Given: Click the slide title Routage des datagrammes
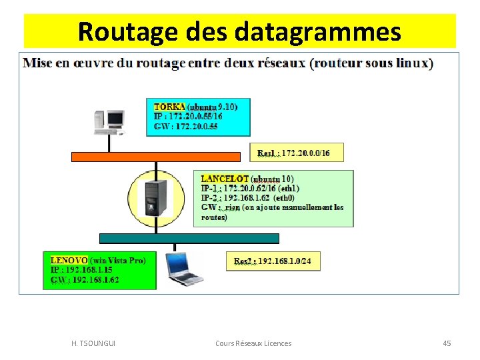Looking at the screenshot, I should coord(239,31).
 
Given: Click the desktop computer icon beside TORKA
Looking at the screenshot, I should coord(111,121).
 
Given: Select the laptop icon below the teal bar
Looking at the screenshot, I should coord(185,268).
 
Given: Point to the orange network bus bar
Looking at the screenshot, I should coord(155,157).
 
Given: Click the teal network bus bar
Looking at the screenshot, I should coord(189,238).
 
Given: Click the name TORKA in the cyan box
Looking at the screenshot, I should coord(169,107).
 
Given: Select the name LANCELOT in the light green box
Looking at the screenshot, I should coord(225,179).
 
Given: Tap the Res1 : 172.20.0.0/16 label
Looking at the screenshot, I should coord(293,153).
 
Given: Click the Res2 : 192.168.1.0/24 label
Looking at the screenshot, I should coord(272,261).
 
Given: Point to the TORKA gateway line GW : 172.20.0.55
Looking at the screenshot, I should coord(185,127).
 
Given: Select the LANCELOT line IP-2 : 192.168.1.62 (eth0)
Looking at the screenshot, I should coord(247,198).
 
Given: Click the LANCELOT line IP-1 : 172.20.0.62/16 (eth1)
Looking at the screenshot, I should coord(250,189).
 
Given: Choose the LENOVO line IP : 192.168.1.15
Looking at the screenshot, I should coord(81,270).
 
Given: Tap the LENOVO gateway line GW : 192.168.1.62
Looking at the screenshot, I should coord(85,280).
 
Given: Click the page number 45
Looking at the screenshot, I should coord(447,343).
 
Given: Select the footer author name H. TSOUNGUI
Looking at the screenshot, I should coord(93,343).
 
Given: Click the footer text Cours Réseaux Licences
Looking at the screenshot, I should coord(253,343).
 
